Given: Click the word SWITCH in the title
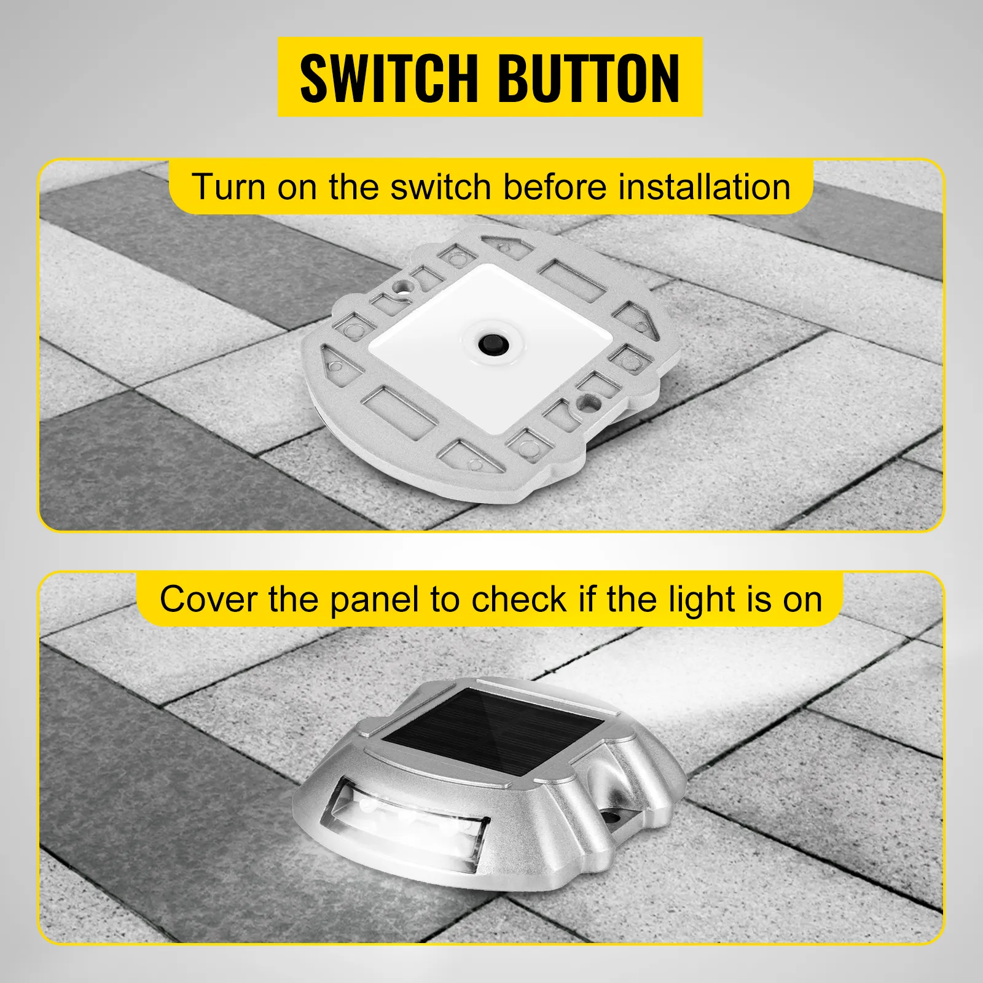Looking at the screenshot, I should tap(388, 78).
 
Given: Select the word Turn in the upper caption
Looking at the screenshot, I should tap(229, 187).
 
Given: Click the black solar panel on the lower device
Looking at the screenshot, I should tap(494, 734).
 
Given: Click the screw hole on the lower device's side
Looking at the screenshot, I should tap(613, 817).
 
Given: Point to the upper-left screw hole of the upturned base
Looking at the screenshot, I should tap(403, 286).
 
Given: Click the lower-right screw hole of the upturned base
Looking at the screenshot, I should tap(592, 404).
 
